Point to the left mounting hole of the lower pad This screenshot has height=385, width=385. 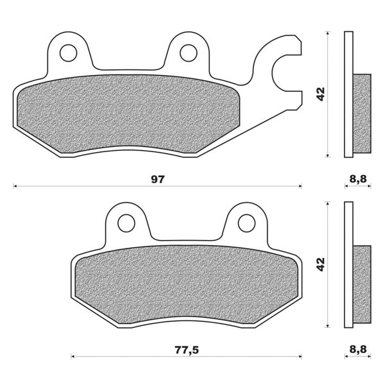pos(126,222)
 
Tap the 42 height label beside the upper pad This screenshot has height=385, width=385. pos(320,94)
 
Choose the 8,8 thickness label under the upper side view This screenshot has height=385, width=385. pos(357,180)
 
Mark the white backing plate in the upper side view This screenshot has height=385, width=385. pos(348,64)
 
